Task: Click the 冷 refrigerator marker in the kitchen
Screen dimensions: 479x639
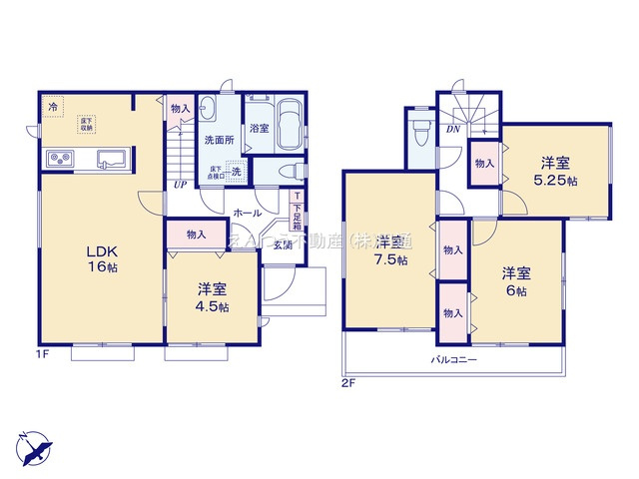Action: point(51,103)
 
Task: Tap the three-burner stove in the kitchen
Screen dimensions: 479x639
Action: point(58,161)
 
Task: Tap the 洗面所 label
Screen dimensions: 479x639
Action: point(220,141)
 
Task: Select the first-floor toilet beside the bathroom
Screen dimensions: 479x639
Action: point(286,173)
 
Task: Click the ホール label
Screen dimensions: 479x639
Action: point(247,213)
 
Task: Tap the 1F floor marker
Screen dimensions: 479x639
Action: point(45,352)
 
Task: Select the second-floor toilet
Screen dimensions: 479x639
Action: point(419,132)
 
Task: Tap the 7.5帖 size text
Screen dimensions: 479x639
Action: point(392,260)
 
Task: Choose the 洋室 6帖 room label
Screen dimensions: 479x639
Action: point(516,281)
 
